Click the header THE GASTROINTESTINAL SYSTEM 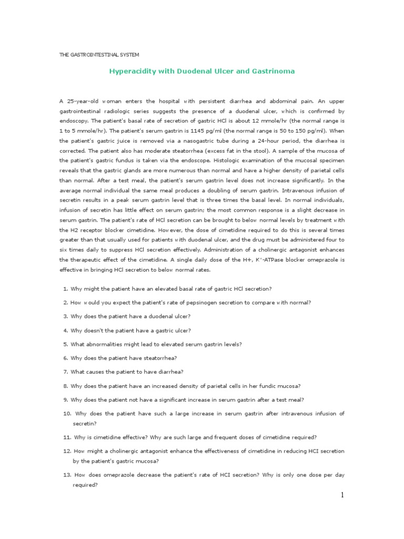99,54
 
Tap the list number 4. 66,330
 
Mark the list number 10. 67,413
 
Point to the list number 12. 67,451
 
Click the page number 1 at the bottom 342,495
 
